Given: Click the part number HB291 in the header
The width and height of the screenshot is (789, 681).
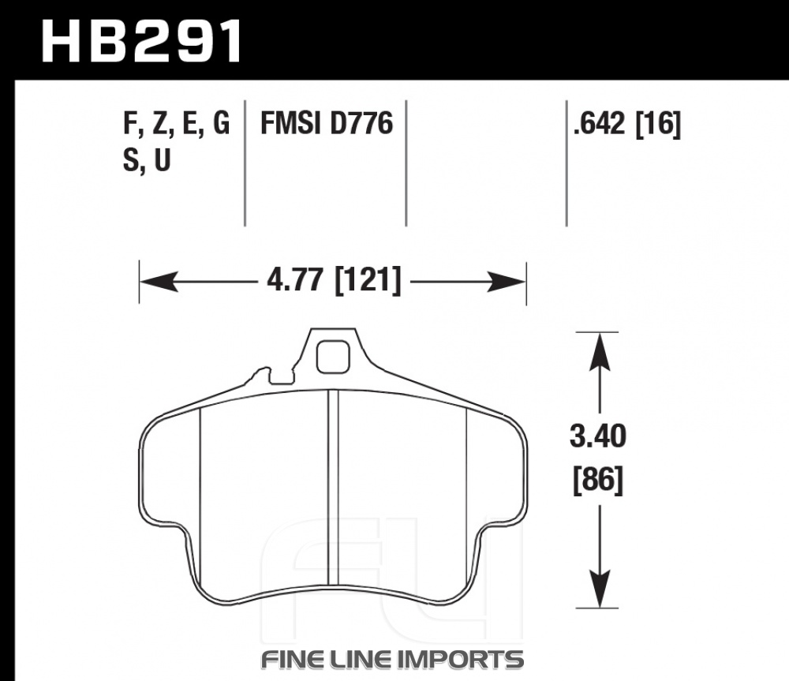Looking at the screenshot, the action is pos(141,41).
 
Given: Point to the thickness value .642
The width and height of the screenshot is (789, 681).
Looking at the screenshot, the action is pos(600,123).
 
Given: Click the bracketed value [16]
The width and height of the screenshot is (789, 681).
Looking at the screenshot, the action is pos(658,124).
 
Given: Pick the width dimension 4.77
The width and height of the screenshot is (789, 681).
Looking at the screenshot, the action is pos(294,280).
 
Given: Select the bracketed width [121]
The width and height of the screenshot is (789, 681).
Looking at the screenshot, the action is pos(368,280).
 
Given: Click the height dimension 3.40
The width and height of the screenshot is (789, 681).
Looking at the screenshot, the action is pos(598,436).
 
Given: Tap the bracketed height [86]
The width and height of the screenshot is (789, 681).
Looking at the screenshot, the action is pos(598,481).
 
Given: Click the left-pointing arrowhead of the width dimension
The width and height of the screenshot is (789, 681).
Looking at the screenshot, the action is pos(159,282).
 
